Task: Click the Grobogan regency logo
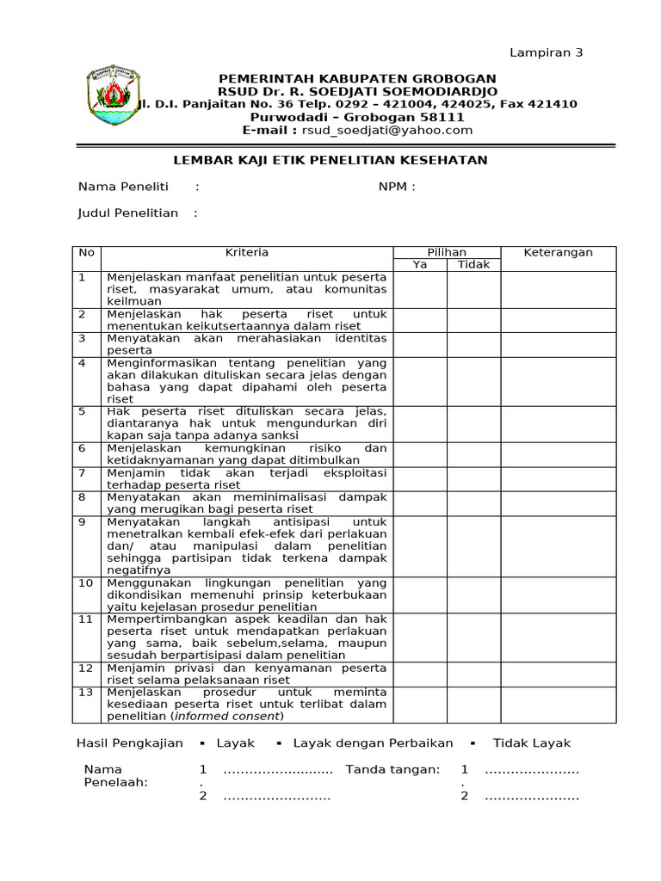(x=115, y=98)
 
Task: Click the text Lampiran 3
(x=547, y=52)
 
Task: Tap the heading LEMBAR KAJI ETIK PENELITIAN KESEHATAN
(x=331, y=160)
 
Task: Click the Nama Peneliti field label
(x=123, y=187)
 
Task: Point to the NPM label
(x=396, y=187)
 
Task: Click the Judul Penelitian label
(x=127, y=213)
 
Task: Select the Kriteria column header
(x=247, y=253)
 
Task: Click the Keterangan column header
(x=559, y=253)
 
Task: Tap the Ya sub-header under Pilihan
(x=420, y=265)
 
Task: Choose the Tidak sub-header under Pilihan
(x=473, y=265)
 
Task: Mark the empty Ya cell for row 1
(x=420, y=289)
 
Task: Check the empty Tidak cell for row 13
(x=473, y=704)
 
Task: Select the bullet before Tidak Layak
(x=473, y=743)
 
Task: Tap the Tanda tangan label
(x=392, y=769)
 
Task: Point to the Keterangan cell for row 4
(x=559, y=380)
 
